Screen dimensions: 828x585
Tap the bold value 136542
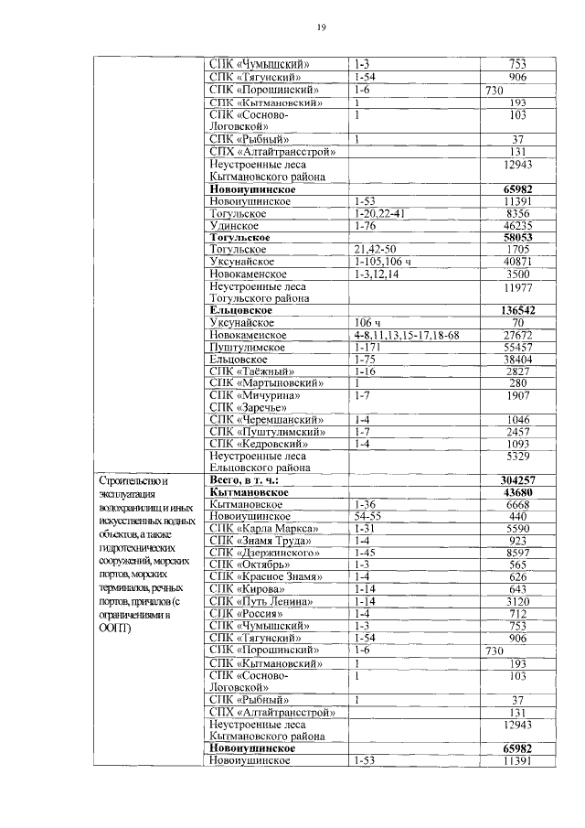pyautogui.click(x=517, y=310)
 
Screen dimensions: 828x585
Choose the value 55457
pyautogui.click(x=517, y=348)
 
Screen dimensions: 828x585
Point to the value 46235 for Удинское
pyautogui.click(x=517, y=225)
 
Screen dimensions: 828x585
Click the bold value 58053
pyautogui.click(x=517, y=237)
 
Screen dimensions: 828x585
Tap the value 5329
pyautogui.click(x=517, y=455)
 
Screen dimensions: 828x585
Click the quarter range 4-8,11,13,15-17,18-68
pyautogui.click(x=407, y=336)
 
